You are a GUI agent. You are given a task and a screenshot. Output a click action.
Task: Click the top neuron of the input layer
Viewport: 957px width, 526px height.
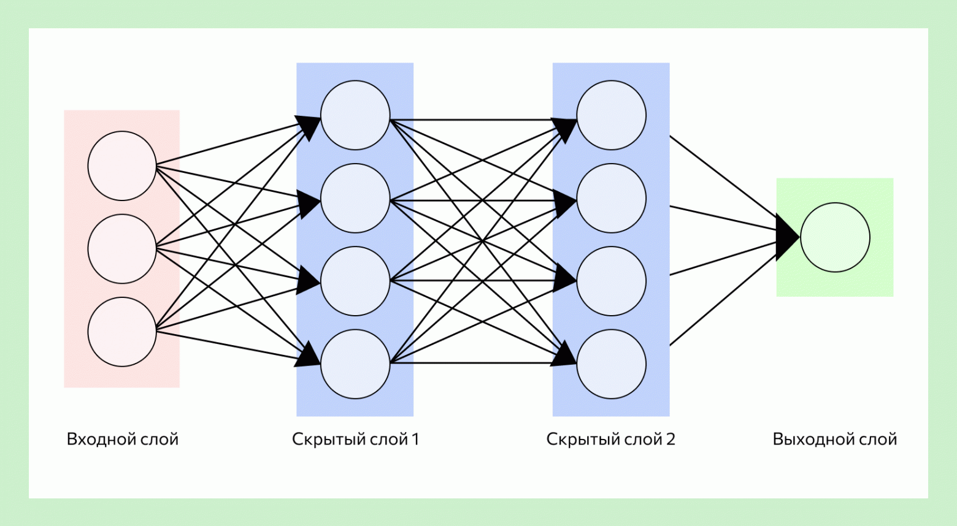122,166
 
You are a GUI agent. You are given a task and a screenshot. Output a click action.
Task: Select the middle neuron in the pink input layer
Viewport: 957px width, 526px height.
122,248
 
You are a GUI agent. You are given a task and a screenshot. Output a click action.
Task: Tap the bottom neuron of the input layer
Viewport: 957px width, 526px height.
122,332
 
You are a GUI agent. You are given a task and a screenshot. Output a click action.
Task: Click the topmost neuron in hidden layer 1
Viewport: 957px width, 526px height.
355,115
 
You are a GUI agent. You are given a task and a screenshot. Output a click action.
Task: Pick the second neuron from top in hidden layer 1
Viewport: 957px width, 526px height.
355,198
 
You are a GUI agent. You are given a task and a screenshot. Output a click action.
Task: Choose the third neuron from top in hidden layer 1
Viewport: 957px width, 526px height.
355,281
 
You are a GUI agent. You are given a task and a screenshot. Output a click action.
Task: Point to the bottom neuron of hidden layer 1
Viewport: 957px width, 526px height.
355,364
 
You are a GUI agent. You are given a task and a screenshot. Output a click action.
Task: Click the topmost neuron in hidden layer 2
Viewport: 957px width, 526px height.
611,115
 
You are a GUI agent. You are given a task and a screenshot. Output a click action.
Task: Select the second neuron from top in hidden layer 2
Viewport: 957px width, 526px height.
611,198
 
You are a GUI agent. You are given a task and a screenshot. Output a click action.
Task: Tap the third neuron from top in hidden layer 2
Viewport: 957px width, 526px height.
611,281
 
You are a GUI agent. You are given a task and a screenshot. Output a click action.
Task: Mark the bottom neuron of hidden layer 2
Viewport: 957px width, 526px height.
611,364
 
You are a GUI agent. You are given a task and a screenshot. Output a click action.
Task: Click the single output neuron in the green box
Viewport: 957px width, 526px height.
835,237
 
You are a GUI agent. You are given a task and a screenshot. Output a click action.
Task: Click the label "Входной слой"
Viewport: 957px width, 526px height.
122,439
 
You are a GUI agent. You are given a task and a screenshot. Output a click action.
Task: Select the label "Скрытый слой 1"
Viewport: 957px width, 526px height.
355,439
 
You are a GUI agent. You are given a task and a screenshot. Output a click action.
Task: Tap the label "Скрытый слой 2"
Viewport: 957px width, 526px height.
610,439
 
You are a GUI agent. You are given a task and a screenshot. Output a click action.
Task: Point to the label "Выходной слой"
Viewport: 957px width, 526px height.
834,439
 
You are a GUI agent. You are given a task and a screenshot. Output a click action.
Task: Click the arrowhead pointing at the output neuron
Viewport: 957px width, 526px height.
787,237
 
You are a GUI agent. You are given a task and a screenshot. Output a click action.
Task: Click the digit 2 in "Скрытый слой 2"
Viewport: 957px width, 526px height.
670,439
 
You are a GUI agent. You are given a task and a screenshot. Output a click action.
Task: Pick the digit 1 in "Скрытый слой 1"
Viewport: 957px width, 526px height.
415,439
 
